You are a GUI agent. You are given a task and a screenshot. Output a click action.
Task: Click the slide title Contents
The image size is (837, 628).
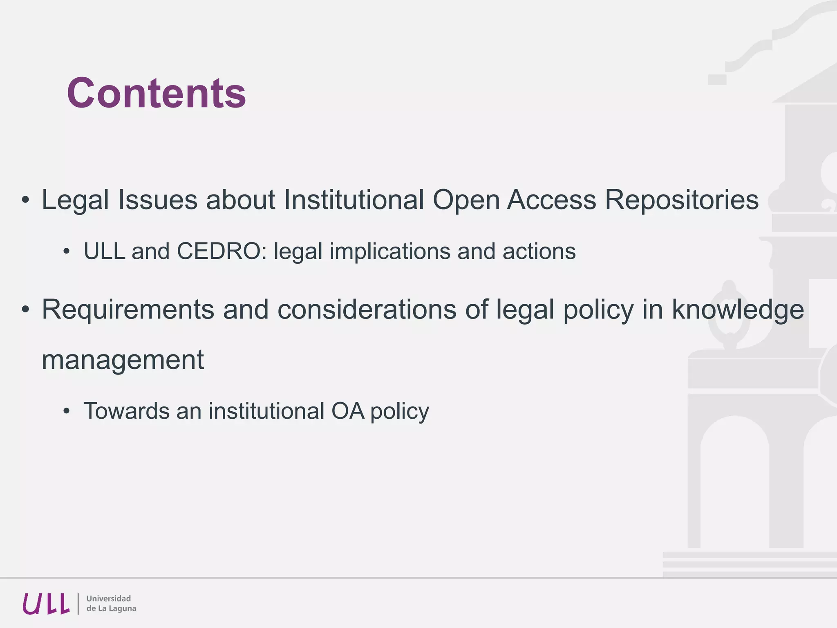point(157,93)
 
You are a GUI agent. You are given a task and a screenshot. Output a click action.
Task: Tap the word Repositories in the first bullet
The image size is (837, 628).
point(681,200)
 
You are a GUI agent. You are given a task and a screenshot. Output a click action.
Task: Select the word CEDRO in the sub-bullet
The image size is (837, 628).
point(219,251)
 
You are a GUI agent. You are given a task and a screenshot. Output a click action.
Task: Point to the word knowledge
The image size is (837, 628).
point(738,310)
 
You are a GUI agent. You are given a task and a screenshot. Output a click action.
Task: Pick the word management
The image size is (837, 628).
point(123,360)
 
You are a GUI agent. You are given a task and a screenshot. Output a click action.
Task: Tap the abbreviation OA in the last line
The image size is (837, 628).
point(347,411)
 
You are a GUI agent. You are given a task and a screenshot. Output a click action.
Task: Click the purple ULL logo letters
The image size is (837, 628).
point(46,604)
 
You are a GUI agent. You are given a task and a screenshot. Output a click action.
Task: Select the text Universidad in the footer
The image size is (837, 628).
point(109,599)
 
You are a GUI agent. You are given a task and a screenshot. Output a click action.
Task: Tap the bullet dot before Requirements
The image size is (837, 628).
point(26,310)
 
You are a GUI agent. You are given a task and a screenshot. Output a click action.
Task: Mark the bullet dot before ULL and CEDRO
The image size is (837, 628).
point(67,251)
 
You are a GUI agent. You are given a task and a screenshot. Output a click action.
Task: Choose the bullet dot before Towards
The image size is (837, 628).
point(67,411)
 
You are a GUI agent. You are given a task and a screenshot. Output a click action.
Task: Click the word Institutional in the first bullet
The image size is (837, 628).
point(354,200)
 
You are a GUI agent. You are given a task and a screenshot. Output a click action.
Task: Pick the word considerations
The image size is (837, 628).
point(367,310)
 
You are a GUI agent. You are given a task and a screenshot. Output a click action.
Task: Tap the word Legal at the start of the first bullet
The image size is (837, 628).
point(75,200)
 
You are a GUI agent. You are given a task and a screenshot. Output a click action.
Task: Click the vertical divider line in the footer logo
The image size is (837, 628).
point(78,604)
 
